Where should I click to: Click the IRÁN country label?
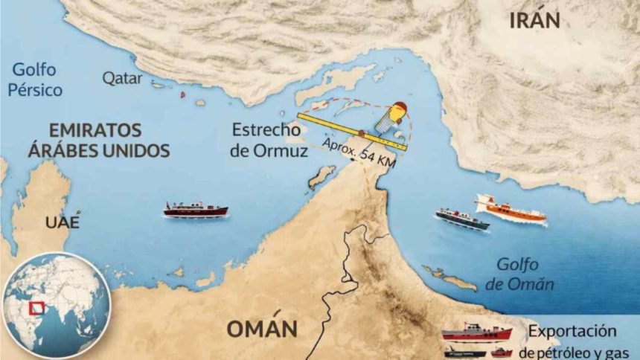(x=534, y=20)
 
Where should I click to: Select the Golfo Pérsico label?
(x=37, y=80)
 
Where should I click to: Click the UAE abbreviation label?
(x=61, y=222)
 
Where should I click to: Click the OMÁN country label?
(x=262, y=328)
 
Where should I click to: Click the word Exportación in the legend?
(x=575, y=330)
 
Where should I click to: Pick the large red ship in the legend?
(x=477, y=332)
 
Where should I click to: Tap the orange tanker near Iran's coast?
(x=511, y=209)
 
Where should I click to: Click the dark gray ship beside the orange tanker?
(x=462, y=219)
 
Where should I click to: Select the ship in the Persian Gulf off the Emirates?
(x=196, y=210)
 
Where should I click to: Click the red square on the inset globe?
(x=34, y=308)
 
